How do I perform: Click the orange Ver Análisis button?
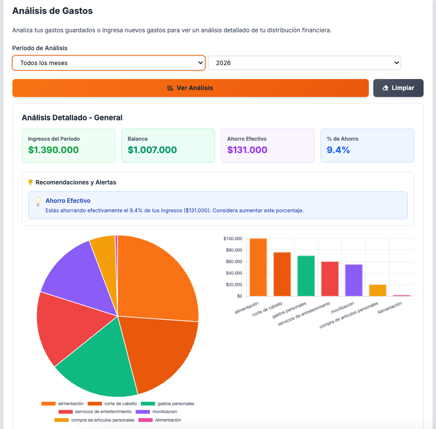point(190,88)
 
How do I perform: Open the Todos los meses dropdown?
point(109,63)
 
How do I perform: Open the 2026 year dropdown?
point(304,63)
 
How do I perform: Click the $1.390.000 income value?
point(53,150)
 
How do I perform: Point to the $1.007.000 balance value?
point(152,150)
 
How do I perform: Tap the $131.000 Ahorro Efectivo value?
point(247,150)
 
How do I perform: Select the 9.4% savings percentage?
point(338,150)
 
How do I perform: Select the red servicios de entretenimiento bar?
point(330,278)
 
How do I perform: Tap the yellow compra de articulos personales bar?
point(378,290)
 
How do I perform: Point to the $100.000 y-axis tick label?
point(232,239)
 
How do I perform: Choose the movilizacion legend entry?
point(157,412)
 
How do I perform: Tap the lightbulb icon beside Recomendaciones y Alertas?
point(30,182)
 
